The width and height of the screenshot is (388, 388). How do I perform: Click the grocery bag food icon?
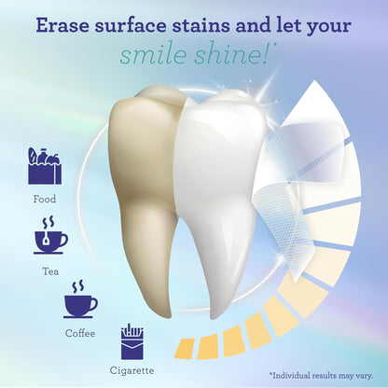(x=44, y=167)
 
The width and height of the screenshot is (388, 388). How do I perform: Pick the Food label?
(x=44, y=199)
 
